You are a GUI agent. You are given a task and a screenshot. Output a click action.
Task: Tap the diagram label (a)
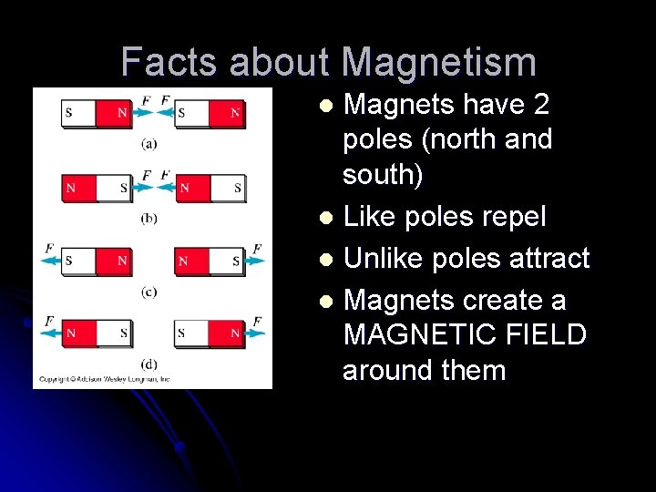pos(149,142)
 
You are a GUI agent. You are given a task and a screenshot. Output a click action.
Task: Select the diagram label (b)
pos(149,217)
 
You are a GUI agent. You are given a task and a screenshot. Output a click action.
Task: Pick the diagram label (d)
pos(149,364)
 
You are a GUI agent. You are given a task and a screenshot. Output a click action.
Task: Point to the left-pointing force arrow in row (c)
pos(49,261)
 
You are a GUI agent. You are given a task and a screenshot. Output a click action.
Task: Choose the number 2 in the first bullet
pos(541,105)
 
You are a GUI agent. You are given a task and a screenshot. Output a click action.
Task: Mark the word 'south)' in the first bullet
pos(383,174)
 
